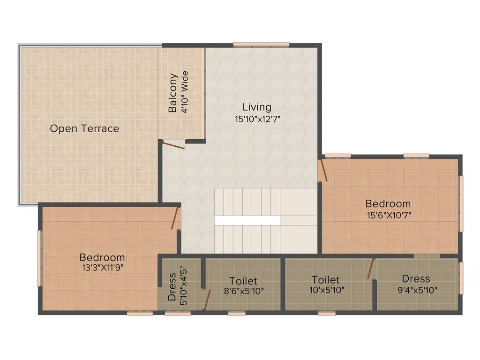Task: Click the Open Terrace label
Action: pos(84,128)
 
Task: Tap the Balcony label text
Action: pos(173,93)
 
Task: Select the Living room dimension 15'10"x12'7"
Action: pos(257,119)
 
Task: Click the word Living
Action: pos(257,107)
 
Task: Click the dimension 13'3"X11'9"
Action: pos(102,268)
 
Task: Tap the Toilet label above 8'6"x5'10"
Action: pos(243,281)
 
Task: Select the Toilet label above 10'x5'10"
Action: pos(325,280)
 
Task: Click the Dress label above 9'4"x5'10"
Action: pos(416,279)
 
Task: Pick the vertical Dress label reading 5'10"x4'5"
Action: pos(172,287)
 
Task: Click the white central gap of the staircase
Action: pos(247,220)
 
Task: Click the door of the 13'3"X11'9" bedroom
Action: pos(176,218)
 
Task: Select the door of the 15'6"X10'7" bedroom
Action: pos(323,171)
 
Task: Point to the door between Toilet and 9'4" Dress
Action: pos(371,269)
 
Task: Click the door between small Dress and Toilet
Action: pos(206,300)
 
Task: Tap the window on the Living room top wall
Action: pos(261,45)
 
